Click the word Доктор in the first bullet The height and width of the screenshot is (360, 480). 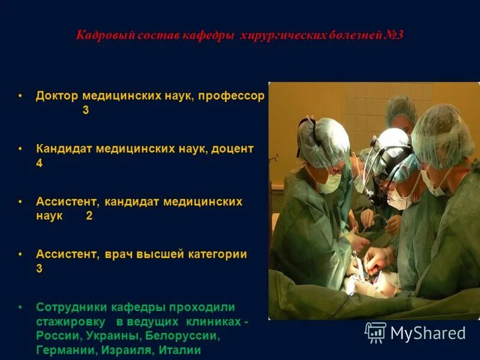57,96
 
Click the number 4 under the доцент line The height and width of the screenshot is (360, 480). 40,163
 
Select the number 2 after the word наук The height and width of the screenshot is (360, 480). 89,216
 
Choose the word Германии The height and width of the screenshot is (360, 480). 60,350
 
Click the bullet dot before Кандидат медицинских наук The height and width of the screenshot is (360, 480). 20,149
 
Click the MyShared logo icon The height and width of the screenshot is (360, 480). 376,332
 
